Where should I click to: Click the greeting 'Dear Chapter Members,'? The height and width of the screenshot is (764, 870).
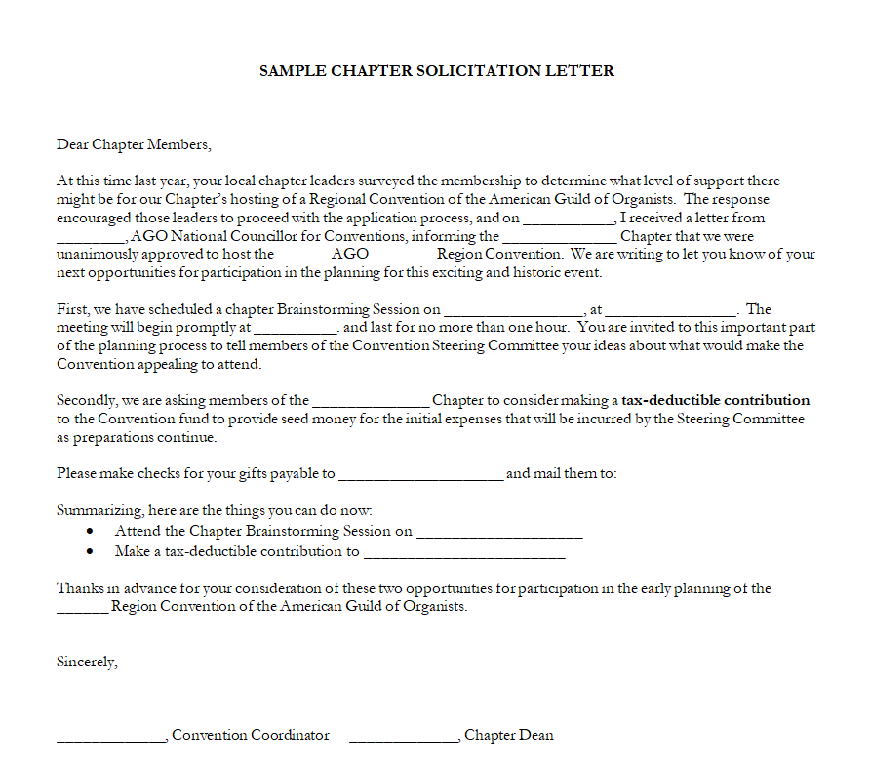pyautogui.click(x=134, y=145)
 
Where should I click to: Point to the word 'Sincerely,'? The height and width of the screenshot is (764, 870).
pyautogui.click(x=87, y=662)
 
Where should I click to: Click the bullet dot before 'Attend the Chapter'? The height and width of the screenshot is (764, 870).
pyautogui.click(x=91, y=532)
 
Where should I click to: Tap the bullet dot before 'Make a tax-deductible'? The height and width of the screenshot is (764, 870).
pyautogui.click(x=91, y=551)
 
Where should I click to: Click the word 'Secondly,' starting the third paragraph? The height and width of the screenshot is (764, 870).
pyautogui.click(x=85, y=400)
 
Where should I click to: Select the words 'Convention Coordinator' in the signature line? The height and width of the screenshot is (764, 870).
pyautogui.click(x=251, y=735)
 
